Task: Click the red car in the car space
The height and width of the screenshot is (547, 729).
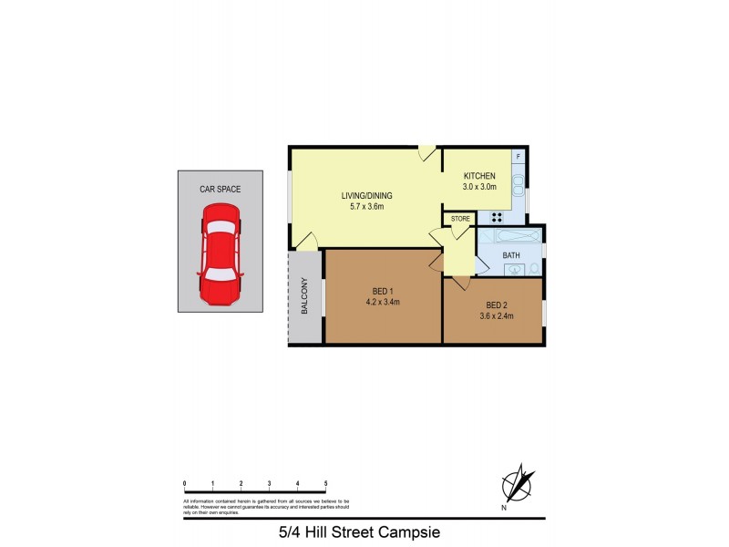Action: tap(221, 253)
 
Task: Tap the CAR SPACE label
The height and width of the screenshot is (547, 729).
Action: tap(221, 190)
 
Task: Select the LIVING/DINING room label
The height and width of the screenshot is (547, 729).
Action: tap(367, 195)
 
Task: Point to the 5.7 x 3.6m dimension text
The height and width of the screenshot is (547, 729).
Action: tap(367, 207)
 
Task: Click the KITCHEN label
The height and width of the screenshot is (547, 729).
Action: tap(479, 176)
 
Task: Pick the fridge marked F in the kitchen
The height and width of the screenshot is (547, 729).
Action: tap(519, 157)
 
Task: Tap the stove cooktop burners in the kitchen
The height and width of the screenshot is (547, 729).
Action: tap(498, 217)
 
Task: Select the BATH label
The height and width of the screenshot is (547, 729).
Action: tap(511, 255)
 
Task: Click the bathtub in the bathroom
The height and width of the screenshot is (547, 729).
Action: tap(510, 236)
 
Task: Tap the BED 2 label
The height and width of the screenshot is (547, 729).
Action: tap(496, 305)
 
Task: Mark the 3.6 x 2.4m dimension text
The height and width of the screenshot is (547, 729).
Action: tap(496, 317)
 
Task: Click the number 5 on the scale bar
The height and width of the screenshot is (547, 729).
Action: tap(325, 483)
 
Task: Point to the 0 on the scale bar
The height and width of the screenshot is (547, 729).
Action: tap(184, 483)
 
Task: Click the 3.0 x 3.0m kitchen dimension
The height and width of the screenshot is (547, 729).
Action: tap(479, 188)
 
